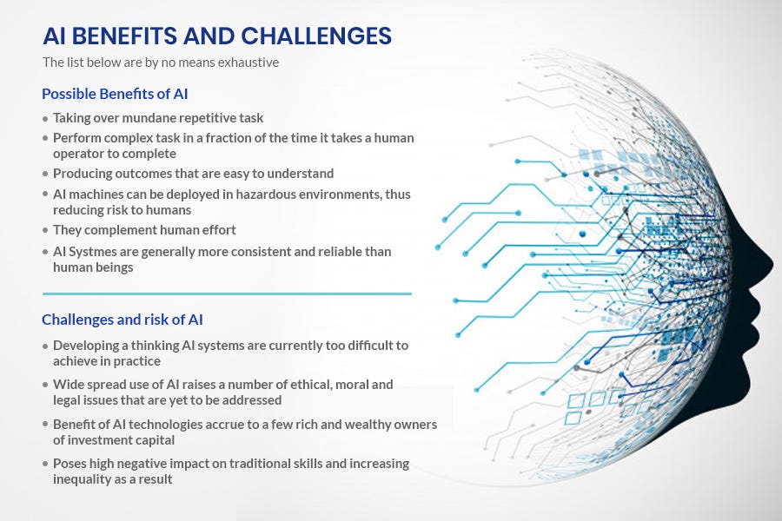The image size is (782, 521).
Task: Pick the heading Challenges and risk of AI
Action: point(122,320)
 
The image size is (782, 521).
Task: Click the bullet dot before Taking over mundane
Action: point(45,118)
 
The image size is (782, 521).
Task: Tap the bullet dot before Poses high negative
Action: point(45,465)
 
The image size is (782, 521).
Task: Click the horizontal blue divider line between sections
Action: point(226,293)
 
